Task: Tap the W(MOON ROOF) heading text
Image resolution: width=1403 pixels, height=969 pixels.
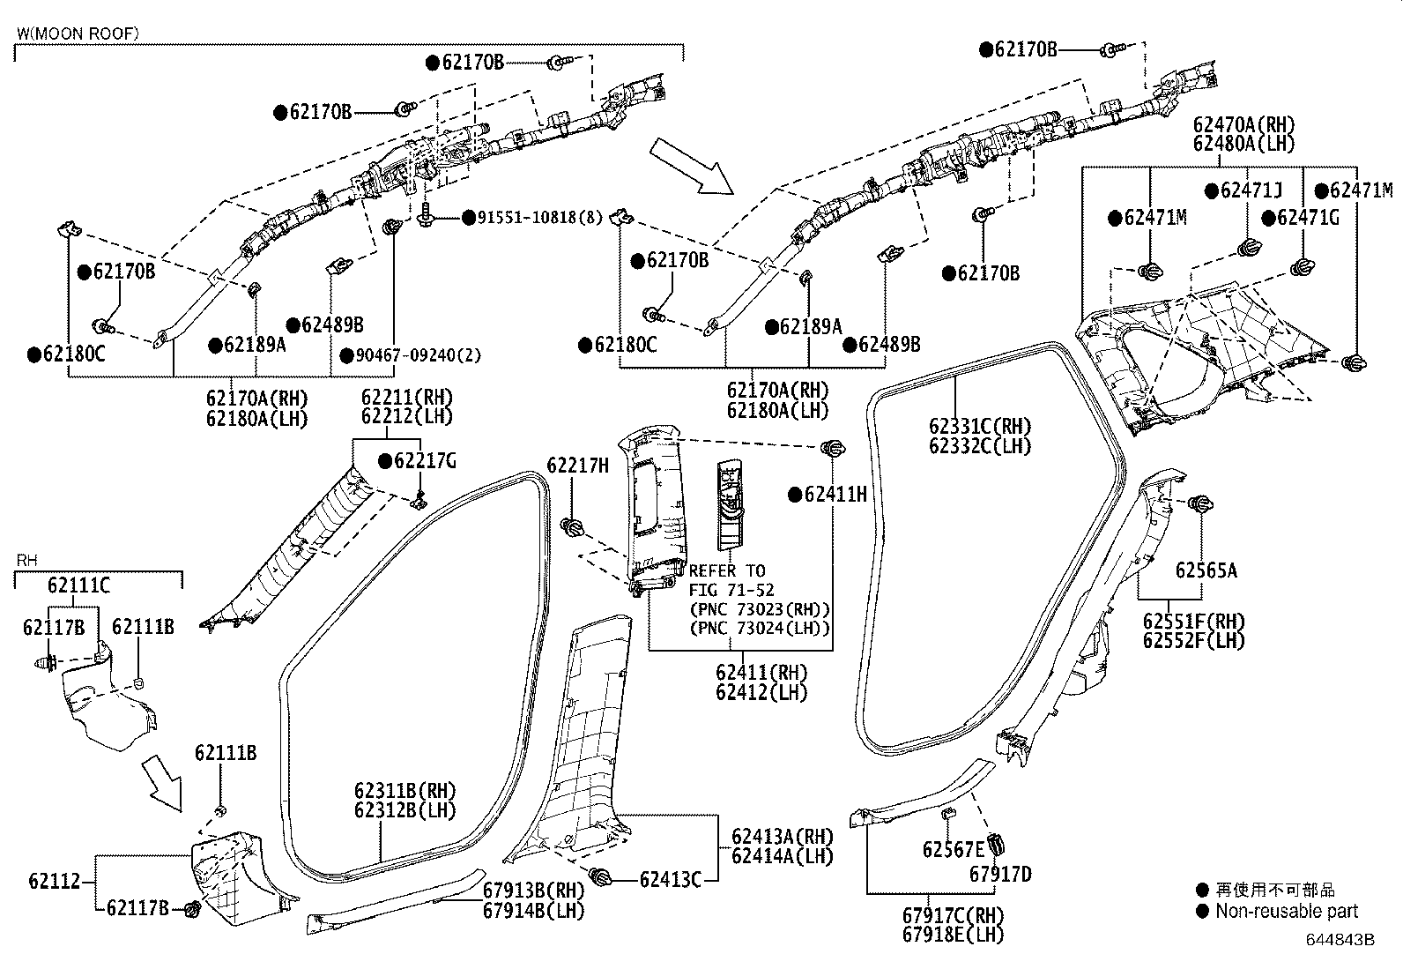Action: pyautogui.click(x=78, y=34)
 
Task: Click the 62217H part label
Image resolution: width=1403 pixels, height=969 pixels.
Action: pyautogui.click(x=577, y=465)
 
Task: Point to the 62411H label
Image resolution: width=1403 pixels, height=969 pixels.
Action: pyautogui.click(x=835, y=495)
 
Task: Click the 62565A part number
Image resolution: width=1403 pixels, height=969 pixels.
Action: pyautogui.click(x=1206, y=570)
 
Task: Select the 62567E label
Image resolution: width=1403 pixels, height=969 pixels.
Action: pyautogui.click(x=953, y=849)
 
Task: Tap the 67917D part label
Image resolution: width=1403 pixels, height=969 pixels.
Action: pyautogui.click(x=1000, y=874)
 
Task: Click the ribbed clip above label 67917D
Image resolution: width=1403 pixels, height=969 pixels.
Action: pyautogui.click(x=998, y=844)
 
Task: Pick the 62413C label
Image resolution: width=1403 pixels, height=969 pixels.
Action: pyautogui.click(x=670, y=879)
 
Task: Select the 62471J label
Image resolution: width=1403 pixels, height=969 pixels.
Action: pyautogui.click(x=1251, y=190)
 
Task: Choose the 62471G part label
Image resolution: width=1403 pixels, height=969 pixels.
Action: pyautogui.click(x=1308, y=217)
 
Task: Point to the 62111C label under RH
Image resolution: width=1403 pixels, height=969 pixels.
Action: pyautogui.click(x=79, y=585)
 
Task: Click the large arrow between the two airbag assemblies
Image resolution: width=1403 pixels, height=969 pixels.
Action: pyautogui.click(x=691, y=165)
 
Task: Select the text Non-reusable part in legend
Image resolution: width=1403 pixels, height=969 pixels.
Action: pyautogui.click(x=1286, y=912)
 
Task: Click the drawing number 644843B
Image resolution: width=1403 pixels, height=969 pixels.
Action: pyautogui.click(x=1340, y=940)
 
